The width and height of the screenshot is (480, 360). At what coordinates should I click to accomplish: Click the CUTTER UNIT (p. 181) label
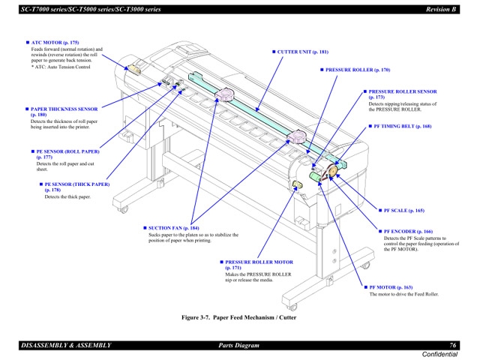pos(302,52)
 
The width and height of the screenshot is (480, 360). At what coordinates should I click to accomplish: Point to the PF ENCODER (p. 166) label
pos(408,232)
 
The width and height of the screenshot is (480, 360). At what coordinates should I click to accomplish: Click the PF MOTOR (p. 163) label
pos(391,287)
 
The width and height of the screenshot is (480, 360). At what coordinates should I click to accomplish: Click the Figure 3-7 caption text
pos(239,317)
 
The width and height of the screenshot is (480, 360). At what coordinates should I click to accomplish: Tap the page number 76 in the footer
pos(453,345)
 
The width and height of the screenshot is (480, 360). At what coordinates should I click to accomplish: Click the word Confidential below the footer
pos(439,354)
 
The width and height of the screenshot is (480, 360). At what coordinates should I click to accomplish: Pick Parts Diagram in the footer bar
pos(238,345)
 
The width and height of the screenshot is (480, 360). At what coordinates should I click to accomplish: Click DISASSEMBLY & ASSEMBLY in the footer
pos(67,345)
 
